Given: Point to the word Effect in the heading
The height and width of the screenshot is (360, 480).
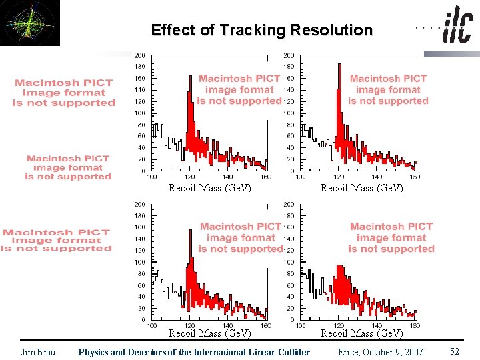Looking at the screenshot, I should click(173, 30).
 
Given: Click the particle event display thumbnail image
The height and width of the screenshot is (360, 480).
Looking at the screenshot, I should click(30, 23).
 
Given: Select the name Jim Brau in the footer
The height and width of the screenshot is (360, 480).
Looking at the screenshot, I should click(39, 352).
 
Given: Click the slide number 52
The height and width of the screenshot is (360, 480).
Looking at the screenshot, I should click(455, 351).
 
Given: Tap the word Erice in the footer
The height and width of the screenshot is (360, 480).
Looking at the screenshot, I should click(351, 352).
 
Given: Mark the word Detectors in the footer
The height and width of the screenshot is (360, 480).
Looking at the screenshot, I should click(139, 352).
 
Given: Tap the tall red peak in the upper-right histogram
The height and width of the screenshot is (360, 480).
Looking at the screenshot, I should click(339, 100).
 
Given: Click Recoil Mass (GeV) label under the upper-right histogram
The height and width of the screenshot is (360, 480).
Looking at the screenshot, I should click(361, 188).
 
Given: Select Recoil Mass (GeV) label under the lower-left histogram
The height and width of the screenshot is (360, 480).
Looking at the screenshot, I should click(209, 333).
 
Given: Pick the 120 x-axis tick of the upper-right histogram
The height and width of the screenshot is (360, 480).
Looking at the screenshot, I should click(340, 177).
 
